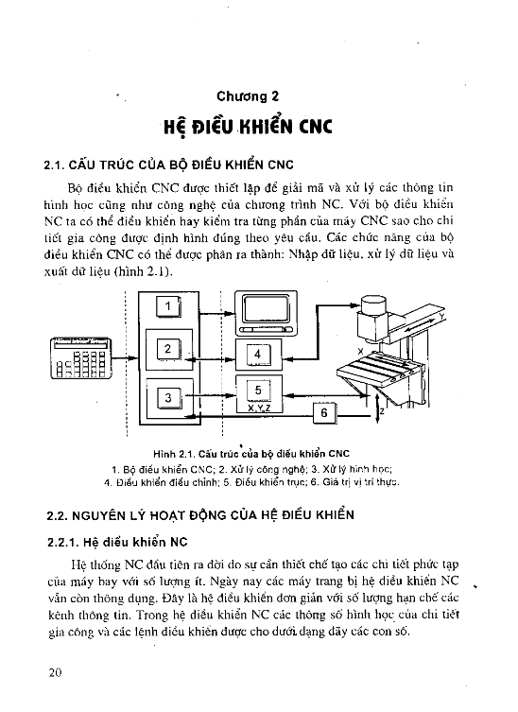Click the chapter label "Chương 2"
[x=248, y=96]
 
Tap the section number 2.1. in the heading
[x=54, y=165]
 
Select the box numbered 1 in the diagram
[x=168, y=306]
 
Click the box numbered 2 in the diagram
[x=168, y=349]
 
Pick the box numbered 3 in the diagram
[x=168, y=398]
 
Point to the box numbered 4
[x=258, y=355]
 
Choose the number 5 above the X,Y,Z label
[x=258, y=391]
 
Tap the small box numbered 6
[x=324, y=413]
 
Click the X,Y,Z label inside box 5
[x=259, y=408]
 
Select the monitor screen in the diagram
[x=266, y=310]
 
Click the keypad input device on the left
[x=80, y=358]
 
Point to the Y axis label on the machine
[x=441, y=315]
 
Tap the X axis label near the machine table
[x=360, y=351]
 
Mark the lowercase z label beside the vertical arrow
[x=383, y=411]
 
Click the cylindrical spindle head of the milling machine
[x=374, y=304]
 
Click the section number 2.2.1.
[x=63, y=542]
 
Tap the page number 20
[x=55, y=672]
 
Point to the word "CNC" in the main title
[x=315, y=127]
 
